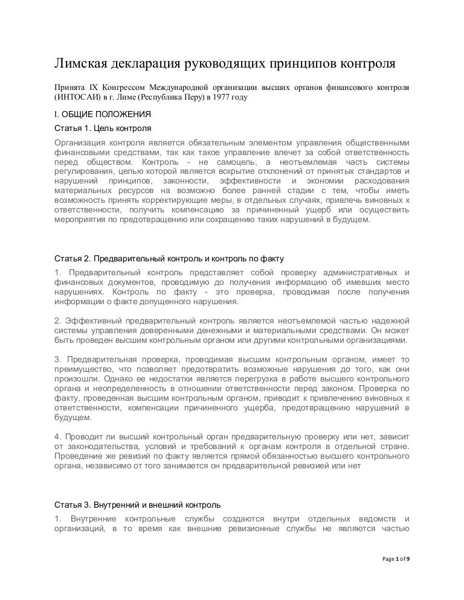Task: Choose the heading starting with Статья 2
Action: coord(169,259)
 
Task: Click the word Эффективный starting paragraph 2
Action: coord(94,319)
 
